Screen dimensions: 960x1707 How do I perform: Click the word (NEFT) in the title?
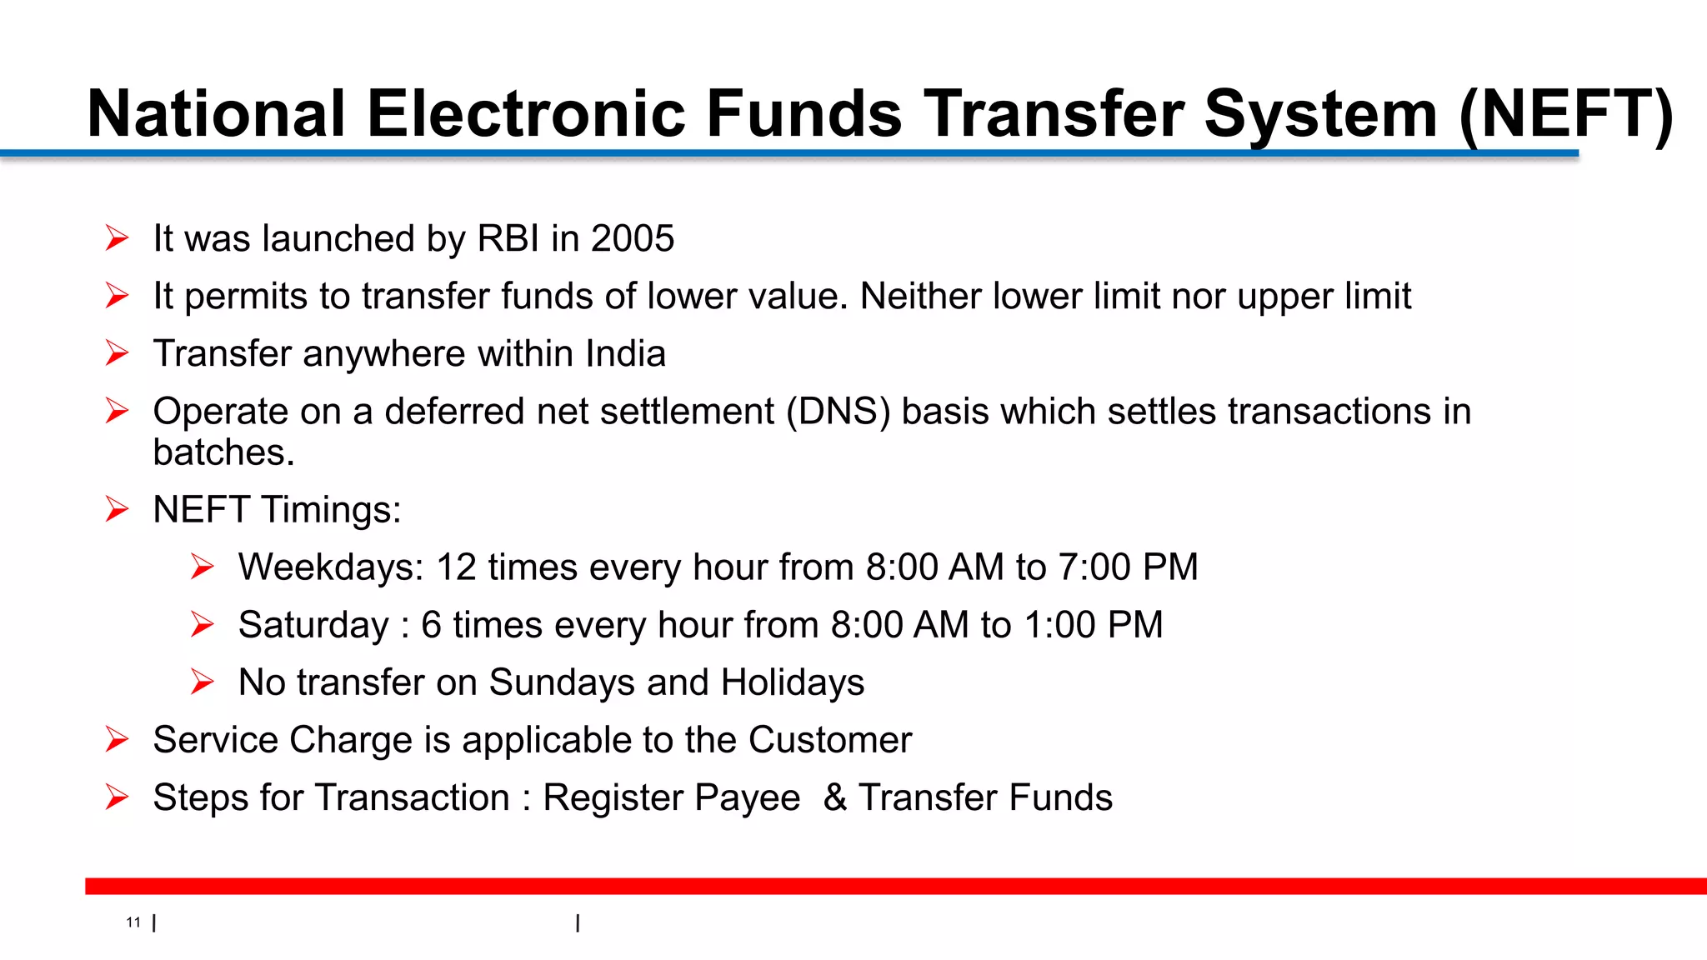click(x=1566, y=114)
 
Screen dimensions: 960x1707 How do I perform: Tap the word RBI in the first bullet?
click(x=508, y=239)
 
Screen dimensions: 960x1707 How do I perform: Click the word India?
click(x=625, y=354)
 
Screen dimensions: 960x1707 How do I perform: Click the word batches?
click(x=223, y=452)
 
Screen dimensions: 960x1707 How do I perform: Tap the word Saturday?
click(x=313, y=625)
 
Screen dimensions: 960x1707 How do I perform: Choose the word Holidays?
click(x=793, y=682)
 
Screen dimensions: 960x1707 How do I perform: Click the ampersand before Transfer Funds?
click(x=835, y=797)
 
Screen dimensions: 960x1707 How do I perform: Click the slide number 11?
click(x=133, y=922)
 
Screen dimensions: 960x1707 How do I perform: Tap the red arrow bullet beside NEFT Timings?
click(x=118, y=509)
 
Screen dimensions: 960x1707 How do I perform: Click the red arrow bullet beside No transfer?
click(x=203, y=682)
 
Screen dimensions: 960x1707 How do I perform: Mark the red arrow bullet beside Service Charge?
click(x=118, y=739)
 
